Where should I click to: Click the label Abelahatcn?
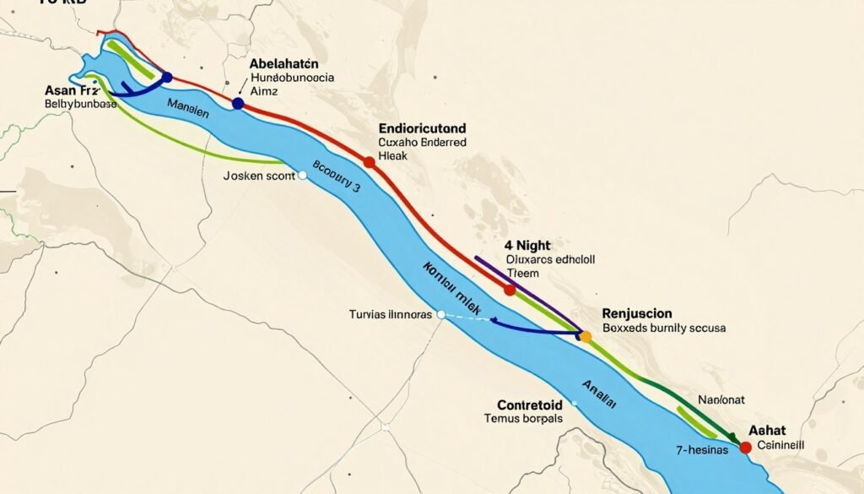[x=288, y=63]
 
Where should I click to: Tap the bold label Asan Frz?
[x=73, y=90]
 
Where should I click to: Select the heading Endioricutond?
[x=423, y=128]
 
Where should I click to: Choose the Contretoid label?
[x=518, y=404]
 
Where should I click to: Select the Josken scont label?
[x=259, y=176]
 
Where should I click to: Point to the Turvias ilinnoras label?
[x=391, y=314]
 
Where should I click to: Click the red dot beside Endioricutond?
[x=369, y=161]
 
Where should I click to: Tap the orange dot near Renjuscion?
[x=586, y=336]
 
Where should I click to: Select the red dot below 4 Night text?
[x=510, y=290]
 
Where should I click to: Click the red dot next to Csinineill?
[x=745, y=448]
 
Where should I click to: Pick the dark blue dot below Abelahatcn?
[x=237, y=103]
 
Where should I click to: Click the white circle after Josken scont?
[x=303, y=176]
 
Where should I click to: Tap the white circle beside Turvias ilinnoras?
[x=440, y=314]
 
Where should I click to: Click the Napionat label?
[x=721, y=399]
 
